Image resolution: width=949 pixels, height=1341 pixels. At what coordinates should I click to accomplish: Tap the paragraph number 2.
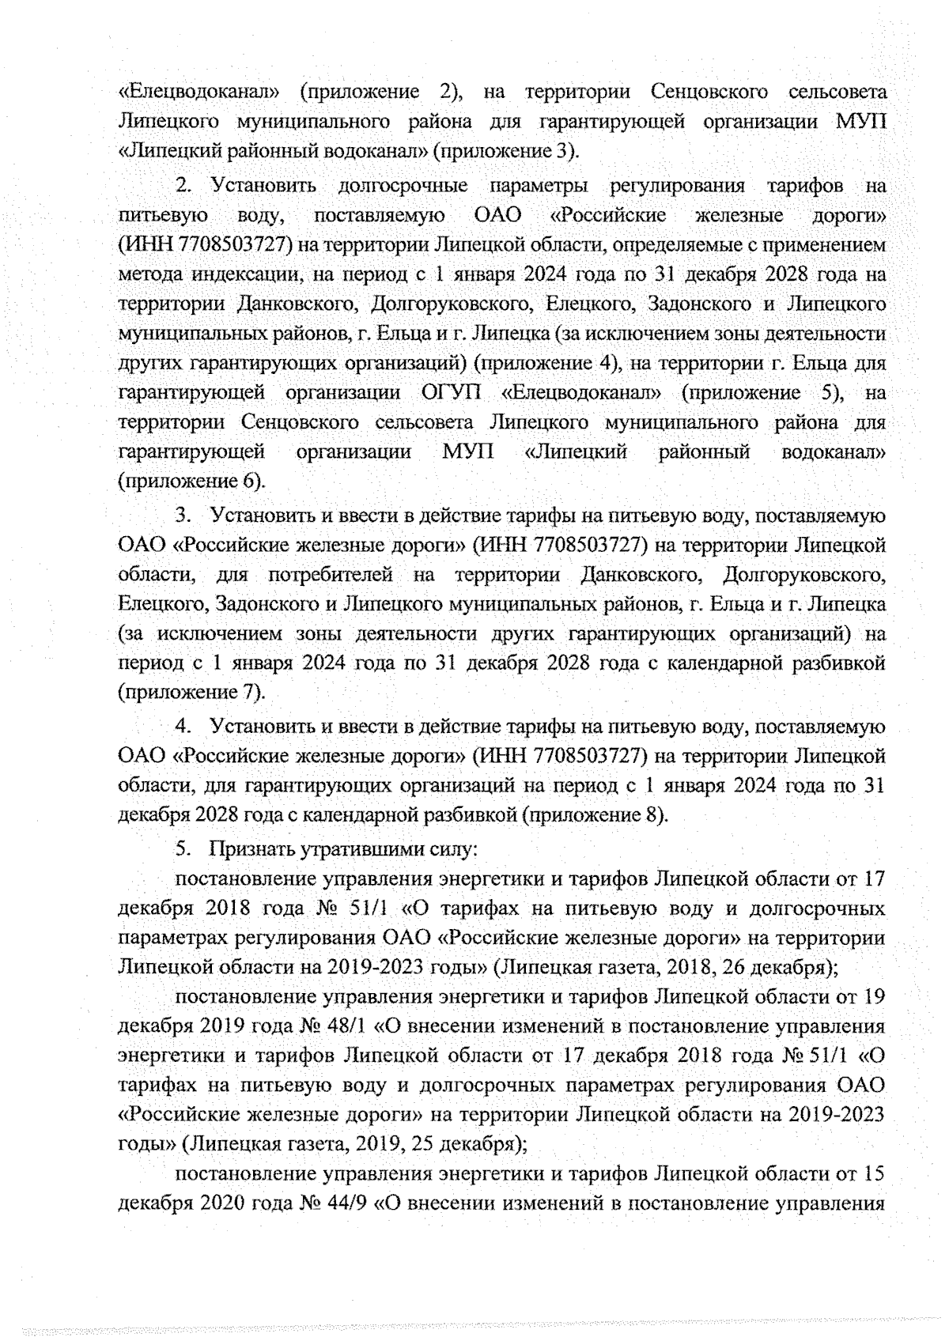point(183,187)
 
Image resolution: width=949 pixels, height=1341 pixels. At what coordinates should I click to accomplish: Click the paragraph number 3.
point(183,516)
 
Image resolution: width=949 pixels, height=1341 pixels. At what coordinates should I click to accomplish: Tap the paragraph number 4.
point(183,727)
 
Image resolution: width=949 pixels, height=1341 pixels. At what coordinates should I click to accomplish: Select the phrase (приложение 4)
point(546,364)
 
